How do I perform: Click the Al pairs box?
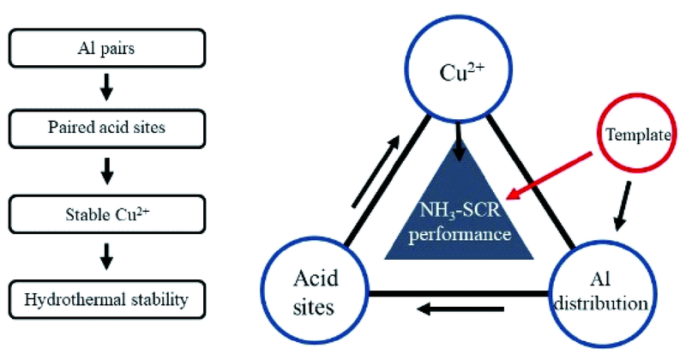(106, 49)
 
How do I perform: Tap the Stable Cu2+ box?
(106, 211)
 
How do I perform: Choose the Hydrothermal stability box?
(106, 299)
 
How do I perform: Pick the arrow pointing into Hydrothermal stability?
(107, 255)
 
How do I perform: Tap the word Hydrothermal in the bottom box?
(78, 299)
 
